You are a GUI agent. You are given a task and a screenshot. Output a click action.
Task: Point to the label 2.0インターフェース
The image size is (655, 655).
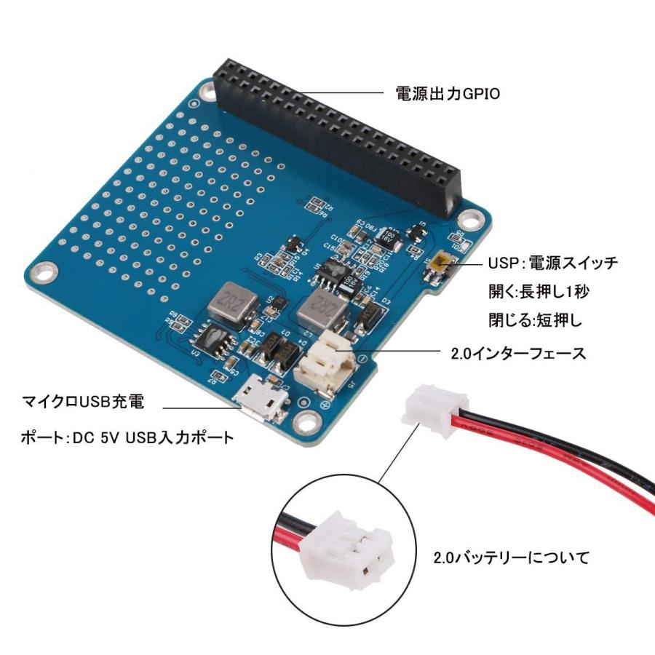click(518, 354)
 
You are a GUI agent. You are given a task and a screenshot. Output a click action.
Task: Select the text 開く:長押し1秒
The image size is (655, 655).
click(539, 292)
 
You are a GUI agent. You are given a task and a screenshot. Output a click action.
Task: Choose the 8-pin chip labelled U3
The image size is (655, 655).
click(212, 341)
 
